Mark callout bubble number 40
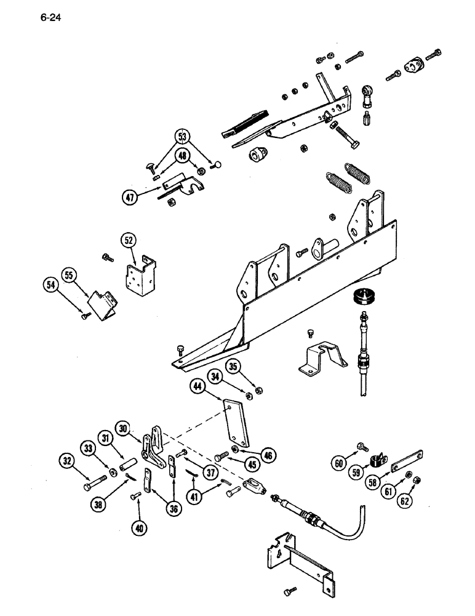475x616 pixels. pyautogui.click(x=140, y=527)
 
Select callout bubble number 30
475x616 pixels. pyautogui.click(x=124, y=427)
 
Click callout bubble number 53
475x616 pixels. pyautogui.click(x=182, y=136)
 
